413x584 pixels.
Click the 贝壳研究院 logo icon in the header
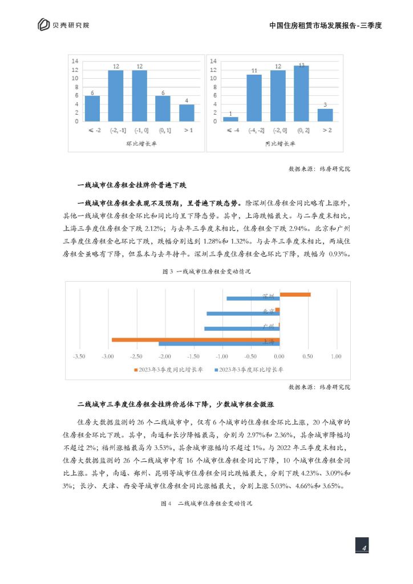click(43, 25)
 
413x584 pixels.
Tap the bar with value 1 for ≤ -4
click(230, 119)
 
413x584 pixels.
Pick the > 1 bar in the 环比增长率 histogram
click(187, 112)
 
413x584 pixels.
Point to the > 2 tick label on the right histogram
click(325, 131)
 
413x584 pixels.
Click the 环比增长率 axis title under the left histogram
click(141, 144)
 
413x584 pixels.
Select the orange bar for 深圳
click(295, 294)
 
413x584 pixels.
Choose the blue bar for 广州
click(242, 328)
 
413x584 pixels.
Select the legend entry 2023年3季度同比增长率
click(169, 369)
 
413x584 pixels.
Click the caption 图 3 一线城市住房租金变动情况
click(206, 272)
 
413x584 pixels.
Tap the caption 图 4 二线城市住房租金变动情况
click(206, 504)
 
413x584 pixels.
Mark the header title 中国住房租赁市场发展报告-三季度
click(325, 25)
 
